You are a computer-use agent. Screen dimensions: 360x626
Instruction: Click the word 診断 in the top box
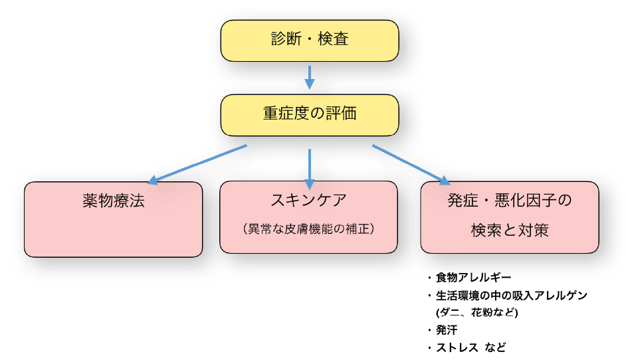[286, 39]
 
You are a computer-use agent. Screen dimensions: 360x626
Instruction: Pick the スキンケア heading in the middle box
[308, 199]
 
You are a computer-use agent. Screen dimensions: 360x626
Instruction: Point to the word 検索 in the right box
[484, 230]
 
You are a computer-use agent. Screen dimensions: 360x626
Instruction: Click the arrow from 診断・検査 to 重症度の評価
[309, 77]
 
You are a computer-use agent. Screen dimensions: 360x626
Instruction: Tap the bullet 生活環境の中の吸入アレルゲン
[511, 295]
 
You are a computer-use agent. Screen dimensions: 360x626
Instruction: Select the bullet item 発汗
[446, 329]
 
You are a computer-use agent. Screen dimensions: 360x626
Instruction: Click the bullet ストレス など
[471, 347]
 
